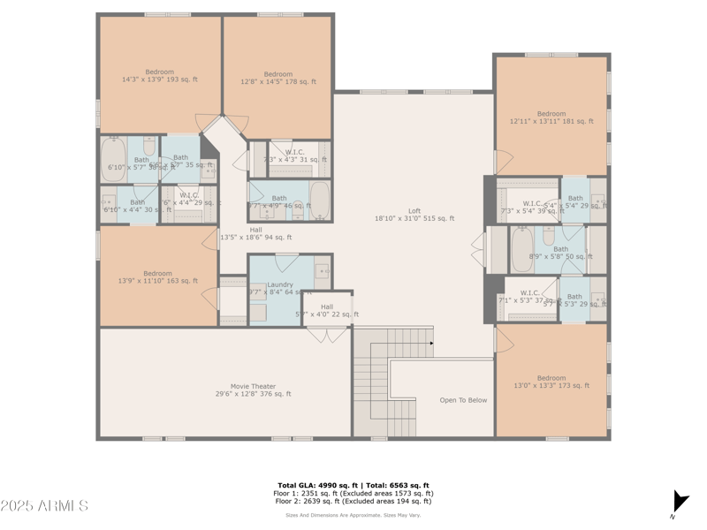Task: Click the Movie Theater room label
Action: (x=253, y=390)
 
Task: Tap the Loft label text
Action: (x=414, y=215)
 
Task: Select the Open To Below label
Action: (x=463, y=400)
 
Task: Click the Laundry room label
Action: (x=279, y=289)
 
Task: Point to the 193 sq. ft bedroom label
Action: (x=159, y=76)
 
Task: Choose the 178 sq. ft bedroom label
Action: (x=277, y=78)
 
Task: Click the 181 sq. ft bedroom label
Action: (x=551, y=117)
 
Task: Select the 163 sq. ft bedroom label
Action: (x=158, y=277)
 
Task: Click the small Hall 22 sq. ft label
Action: (x=327, y=311)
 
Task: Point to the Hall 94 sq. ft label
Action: (x=255, y=233)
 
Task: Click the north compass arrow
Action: (x=678, y=503)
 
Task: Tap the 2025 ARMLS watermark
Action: (x=44, y=506)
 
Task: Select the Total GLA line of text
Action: (x=353, y=485)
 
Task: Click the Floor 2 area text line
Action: (x=353, y=501)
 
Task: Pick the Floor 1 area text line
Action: (x=353, y=493)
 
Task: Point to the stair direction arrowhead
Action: (x=431, y=343)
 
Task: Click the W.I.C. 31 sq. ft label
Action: (x=294, y=155)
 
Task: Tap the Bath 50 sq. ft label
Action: (x=560, y=253)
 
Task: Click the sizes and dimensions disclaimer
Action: (x=353, y=515)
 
